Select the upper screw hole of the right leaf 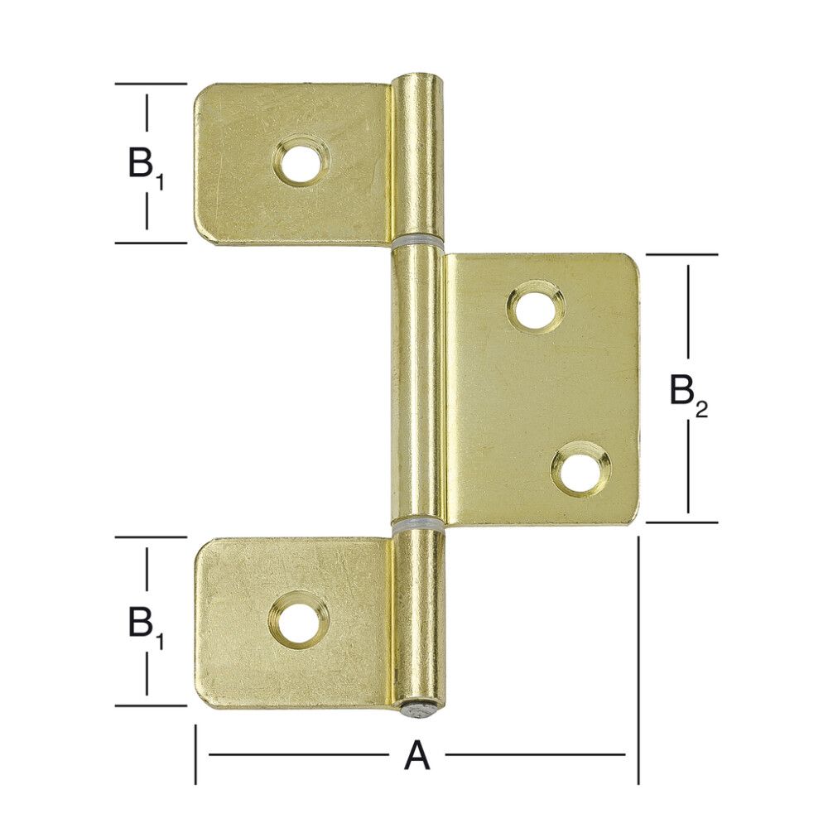coord(537,307)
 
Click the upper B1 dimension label coord(147,166)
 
